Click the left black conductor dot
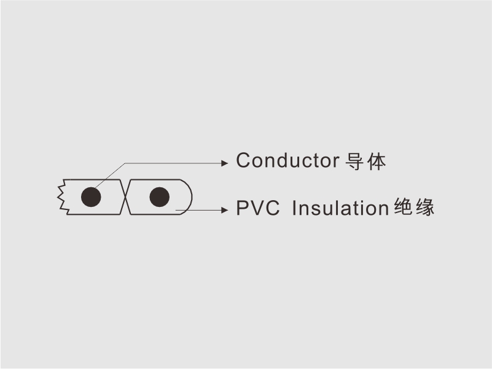tap(91, 197)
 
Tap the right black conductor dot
tap(160, 197)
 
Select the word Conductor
tap(287, 160)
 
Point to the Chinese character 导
tap(354, 161)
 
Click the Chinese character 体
tap(377, 161)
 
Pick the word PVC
tap(257, 208)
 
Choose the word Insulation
tap(340, 208)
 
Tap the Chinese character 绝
tap(403, 207)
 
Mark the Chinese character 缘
tap(425, 207)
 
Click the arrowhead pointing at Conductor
tap(225, 163)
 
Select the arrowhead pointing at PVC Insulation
tap(225, 210)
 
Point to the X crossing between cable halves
tap(125, 197)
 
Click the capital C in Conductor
tap(243, 160)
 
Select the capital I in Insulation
tap(294, 208)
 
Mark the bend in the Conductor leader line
tap(125, 163)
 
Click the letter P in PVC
tap(243, 208)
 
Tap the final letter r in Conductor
tap(337, 163)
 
